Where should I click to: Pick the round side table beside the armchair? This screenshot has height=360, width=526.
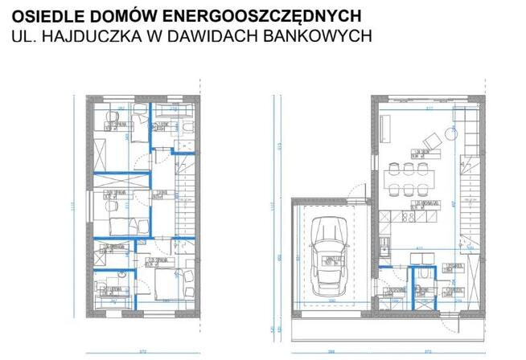447,133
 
